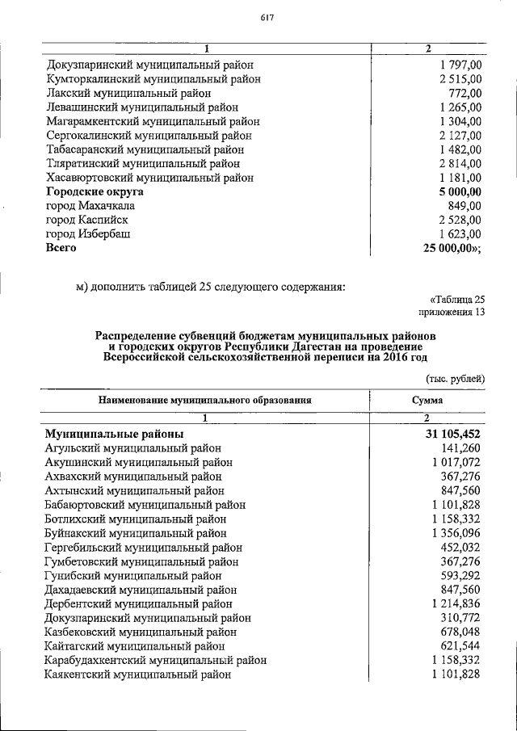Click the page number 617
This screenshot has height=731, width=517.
point(267,19)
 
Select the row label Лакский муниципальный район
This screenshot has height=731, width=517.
point(118,94)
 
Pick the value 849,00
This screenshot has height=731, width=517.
point(465,206)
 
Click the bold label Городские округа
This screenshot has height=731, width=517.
point(95,192)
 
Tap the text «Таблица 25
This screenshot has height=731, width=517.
point(458,298)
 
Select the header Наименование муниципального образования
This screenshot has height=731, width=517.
point(205,399)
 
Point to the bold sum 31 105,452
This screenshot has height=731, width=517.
point(448,434)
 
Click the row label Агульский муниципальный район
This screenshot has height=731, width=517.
point(132,448)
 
